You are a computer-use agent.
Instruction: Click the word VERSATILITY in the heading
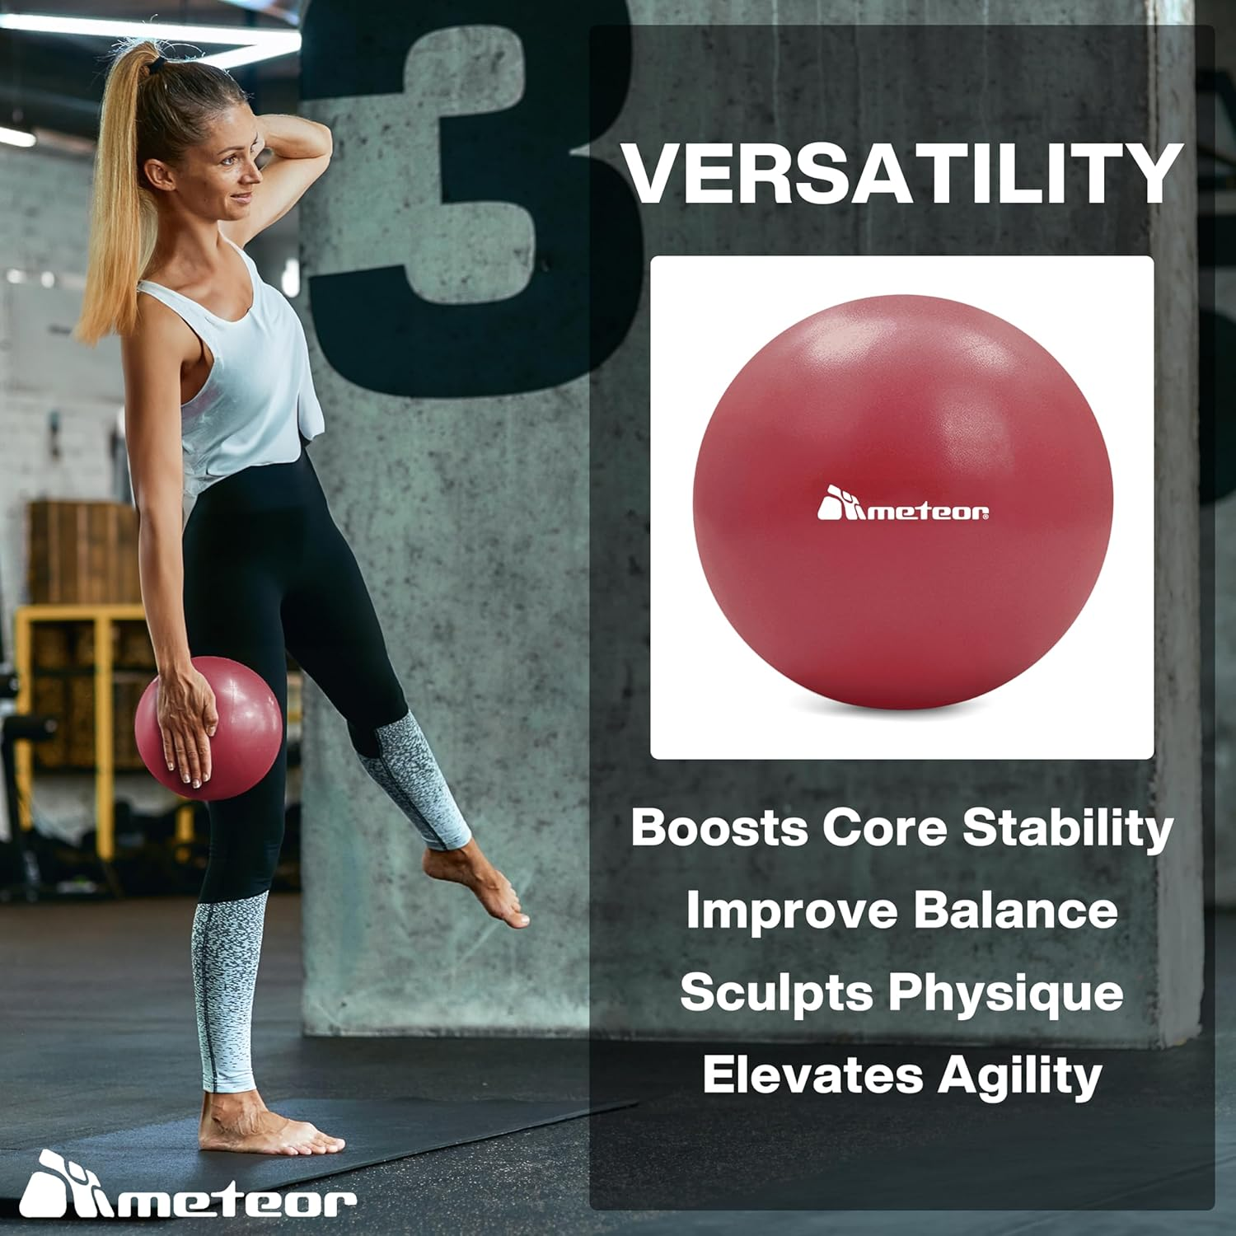[902, 174]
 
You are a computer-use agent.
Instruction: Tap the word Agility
[1019, 1076]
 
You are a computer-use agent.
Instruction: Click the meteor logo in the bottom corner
[188, 1187]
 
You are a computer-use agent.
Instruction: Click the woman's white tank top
[239, 371]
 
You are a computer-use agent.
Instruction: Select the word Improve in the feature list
[791, 910]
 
